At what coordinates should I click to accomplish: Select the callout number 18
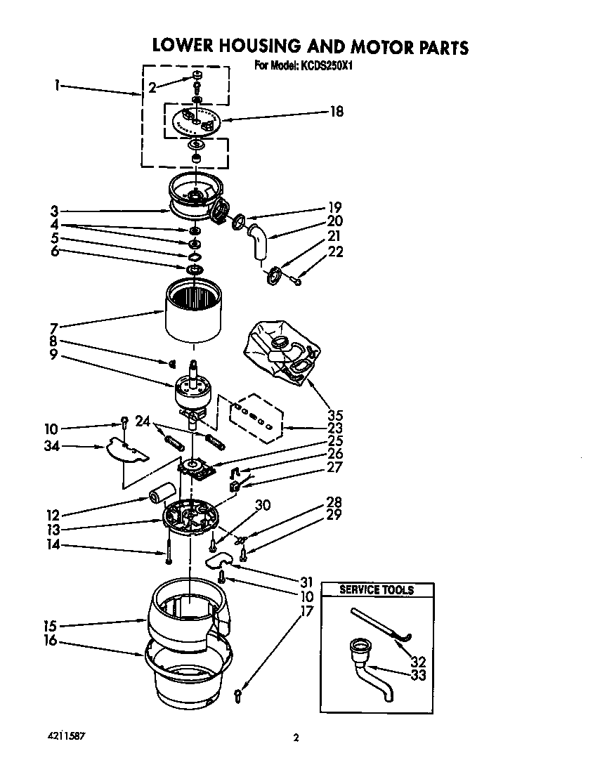tap(337, 111)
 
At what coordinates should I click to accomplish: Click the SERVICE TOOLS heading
tap(377, 590)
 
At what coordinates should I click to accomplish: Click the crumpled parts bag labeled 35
tap(280, 348)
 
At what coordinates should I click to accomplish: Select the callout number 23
tap(336, 428)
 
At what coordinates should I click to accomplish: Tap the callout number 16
tap(50, 640)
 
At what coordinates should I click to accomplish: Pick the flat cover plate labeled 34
tap(126, 452)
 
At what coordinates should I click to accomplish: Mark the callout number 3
tap(54, 211)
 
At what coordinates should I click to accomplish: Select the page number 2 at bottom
tap(296, 737)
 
